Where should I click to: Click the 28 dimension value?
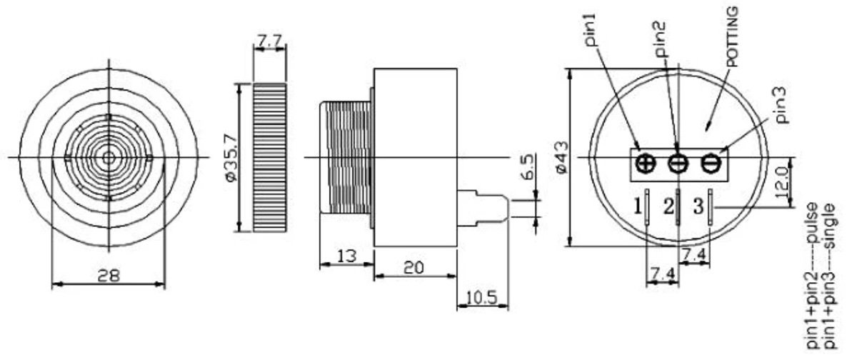coord(109,274)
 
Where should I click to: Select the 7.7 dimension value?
coord(269,41)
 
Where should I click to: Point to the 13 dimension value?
coord(347,256)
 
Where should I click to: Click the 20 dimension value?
coord(414,268)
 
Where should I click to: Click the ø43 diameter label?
coord(561,156)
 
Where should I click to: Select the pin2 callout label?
coord(663,40)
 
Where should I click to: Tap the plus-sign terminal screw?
coord(646,164)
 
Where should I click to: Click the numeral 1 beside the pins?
coord(637,207)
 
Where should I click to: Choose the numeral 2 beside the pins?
coord(668,207)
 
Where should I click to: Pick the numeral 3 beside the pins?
coord(698,207)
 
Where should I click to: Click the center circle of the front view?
coord(109,156)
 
